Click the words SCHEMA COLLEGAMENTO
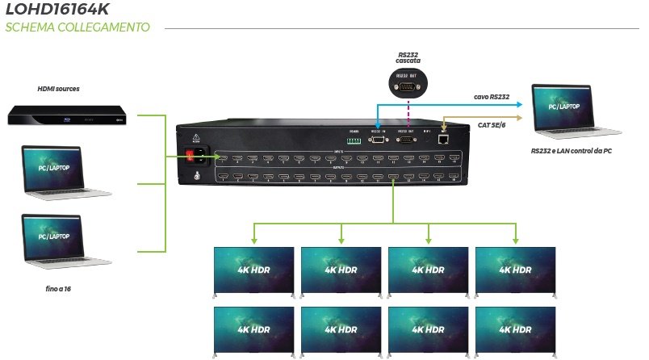pos(77,27)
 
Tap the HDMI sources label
pos(59,88)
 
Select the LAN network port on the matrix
pos(442,138)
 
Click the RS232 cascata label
pos(408,58)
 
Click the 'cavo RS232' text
pos(491,97)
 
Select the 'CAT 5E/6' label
pos(491,124)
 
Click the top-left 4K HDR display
pos(253,271)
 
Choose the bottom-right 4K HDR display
pos(516,331)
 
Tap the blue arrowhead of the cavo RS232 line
pos(522,104)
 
